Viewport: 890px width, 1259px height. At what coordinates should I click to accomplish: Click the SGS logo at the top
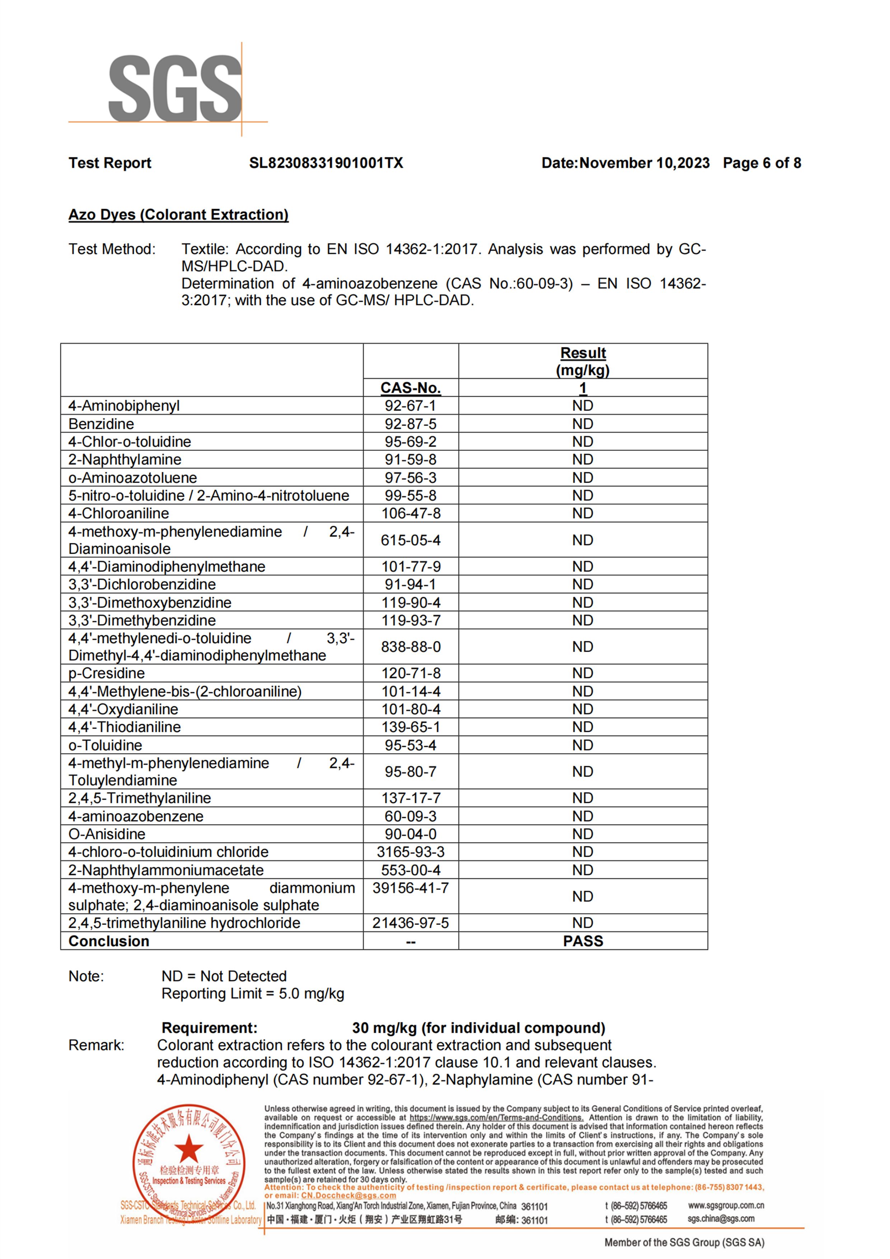(174, 89)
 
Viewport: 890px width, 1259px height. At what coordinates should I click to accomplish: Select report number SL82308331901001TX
(326, 163)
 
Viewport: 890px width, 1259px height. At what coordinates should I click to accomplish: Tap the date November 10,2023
(644, 163)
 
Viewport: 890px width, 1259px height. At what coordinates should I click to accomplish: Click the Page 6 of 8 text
(762, 163)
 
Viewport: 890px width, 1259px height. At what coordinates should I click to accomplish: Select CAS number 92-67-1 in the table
(410, 406)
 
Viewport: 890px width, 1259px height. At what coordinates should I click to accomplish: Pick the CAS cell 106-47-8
(411, 513)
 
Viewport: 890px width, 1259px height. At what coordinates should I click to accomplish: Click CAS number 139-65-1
(411, 727)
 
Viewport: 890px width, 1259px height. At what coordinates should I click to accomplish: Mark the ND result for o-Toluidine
(582, 745)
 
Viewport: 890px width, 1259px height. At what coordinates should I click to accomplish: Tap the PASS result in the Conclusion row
(583, 941)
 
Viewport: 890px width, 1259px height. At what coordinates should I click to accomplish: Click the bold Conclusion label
(109, 941)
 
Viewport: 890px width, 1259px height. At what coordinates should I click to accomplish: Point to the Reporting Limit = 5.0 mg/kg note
(253, 994)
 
